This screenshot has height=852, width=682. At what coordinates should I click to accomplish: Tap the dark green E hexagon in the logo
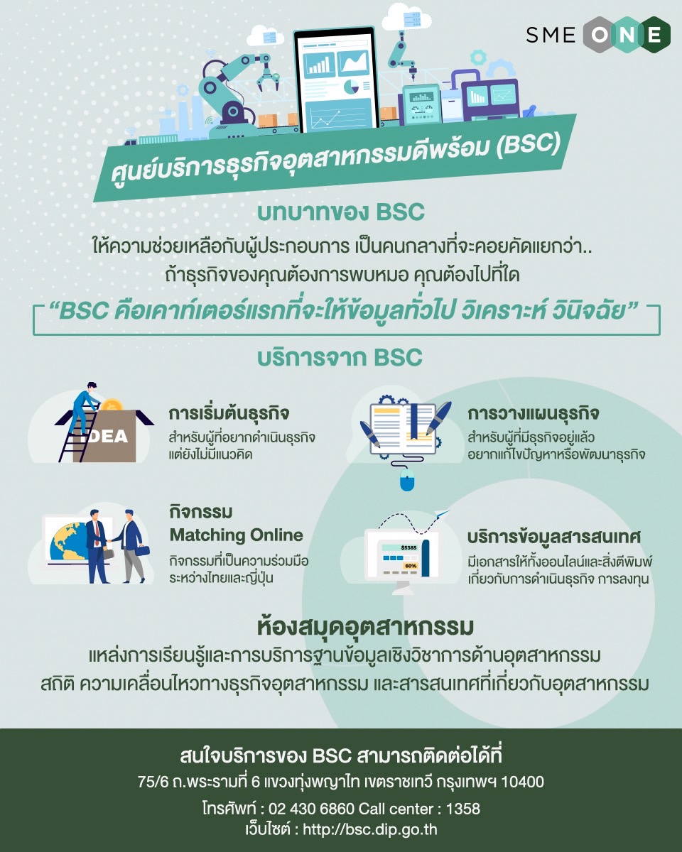point(654,35)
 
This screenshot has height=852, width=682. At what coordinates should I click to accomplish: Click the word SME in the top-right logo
point(551,35)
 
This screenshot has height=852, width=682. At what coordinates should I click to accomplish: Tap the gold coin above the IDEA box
point(112,405)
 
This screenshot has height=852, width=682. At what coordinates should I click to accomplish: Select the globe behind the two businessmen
point(68,541)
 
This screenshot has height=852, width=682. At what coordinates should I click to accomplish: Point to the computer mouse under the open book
point(407,479)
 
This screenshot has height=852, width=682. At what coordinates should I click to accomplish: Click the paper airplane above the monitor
point(443,513)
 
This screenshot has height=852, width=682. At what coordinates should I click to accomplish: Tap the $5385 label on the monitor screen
point(408,547)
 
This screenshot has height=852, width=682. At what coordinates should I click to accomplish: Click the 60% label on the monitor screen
point(411,566)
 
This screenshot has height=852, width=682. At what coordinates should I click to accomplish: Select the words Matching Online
point(236,535)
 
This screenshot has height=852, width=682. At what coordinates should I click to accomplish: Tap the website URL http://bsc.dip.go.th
point(370,830)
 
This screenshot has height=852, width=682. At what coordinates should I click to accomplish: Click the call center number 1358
point(463,809)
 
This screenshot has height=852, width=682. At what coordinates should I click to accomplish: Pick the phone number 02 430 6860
point(311,809)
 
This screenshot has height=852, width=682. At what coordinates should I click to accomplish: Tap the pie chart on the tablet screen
point(351,87)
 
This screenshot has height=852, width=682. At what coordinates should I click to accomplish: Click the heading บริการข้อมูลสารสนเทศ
point(554,537)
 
